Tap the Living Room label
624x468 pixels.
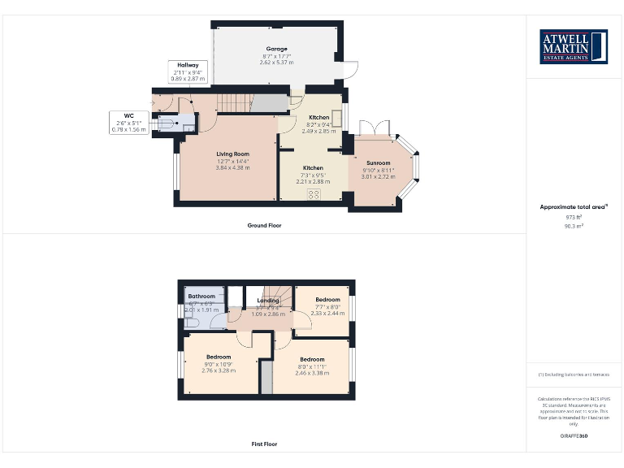[232, 154]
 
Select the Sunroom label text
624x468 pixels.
[378, 162]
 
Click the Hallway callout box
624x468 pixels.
[188, 71]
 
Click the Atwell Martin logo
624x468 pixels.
[574, 47]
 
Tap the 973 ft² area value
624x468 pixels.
[574, 217]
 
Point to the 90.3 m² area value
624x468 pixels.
[574, 226]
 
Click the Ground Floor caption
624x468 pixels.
[264, 225]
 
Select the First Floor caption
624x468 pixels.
[264, 444]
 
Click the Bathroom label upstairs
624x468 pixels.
[201, 297]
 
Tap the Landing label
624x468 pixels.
[268, 301]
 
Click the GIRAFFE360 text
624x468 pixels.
[574, 436]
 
